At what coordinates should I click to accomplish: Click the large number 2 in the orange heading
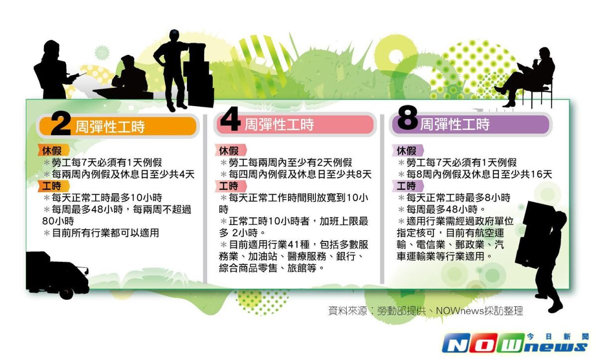tap(61, 125)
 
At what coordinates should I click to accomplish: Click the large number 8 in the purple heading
tap(407, 122)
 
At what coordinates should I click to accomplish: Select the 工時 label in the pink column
tap(228, 186)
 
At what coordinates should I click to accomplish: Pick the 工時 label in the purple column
tap(407, 186)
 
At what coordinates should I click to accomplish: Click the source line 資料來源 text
tap(426, 311)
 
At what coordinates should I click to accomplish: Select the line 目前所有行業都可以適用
tap(105, 233)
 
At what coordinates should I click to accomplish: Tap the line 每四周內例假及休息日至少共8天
tap(297, 174)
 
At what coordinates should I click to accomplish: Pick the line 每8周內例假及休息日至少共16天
tap(476, 174)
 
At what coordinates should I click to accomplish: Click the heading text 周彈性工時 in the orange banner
tap(110, 127)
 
